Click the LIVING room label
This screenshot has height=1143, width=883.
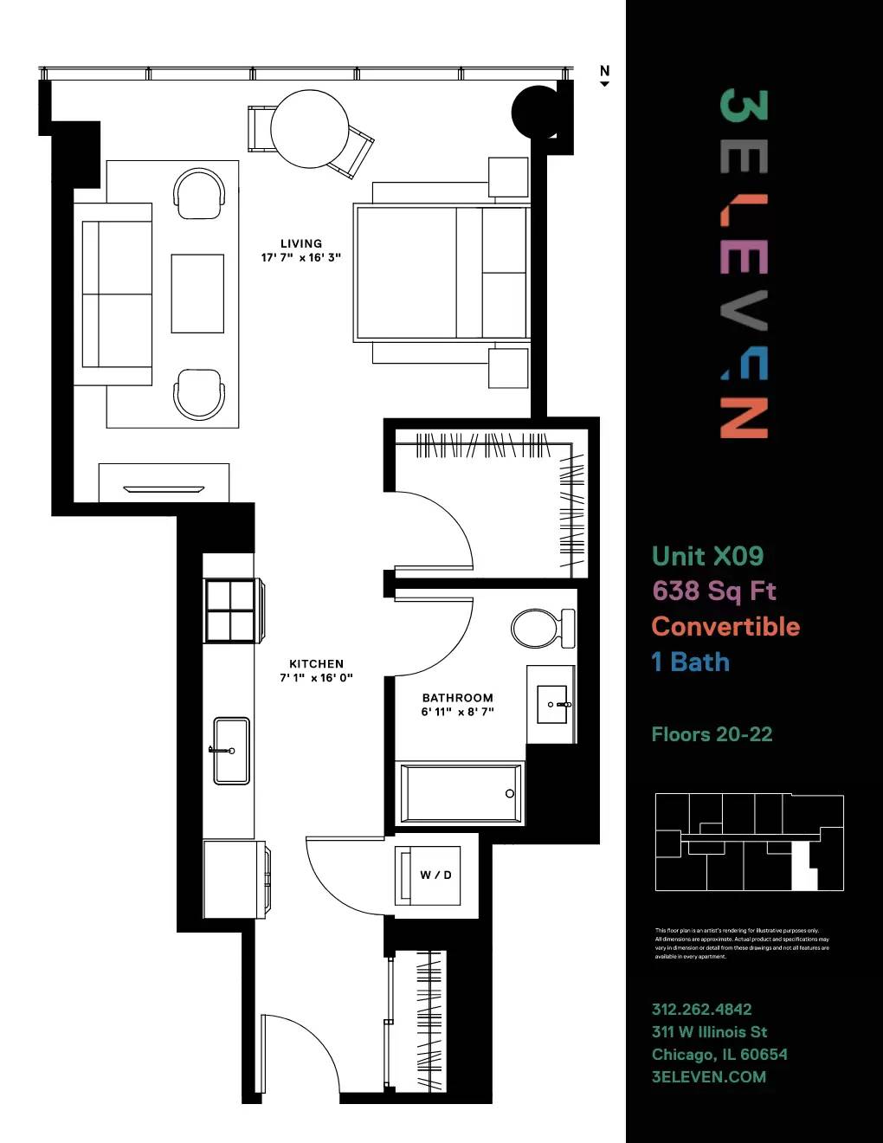(x=301, y=243)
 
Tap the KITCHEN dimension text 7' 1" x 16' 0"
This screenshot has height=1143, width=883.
(x=316, y=678)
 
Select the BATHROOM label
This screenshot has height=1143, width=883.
(x=457, y=697)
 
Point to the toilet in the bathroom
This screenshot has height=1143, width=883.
(x=540, y=627)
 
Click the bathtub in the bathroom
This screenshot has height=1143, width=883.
(x=460, y=792)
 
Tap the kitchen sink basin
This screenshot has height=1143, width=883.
(x=231, y=750)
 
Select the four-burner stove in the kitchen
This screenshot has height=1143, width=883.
(x=230, y=610)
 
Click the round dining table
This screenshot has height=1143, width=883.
(x=309, y=129)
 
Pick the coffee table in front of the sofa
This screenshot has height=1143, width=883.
(x=197, y=294)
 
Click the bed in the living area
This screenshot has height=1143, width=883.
(x=441, y=272)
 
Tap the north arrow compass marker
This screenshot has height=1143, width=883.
(x=604, y=75)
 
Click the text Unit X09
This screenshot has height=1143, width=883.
(x=707, y=556)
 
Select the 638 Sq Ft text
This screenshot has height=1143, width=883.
(x=714, y=591)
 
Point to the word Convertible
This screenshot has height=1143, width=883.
(x=725, y=626)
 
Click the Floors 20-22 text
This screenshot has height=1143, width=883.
(x=712, y=734)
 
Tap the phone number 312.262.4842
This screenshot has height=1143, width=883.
(x=701, y=1009)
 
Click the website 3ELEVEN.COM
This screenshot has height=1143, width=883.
(x=708, y=1076)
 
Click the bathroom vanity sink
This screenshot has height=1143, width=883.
(x=551, y=704)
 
